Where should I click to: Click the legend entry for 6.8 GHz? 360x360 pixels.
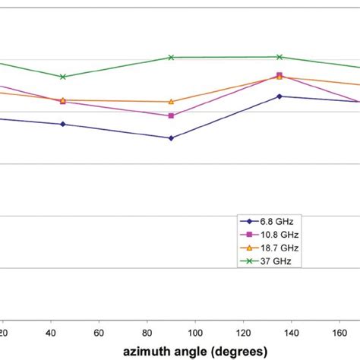(x=270, y=221)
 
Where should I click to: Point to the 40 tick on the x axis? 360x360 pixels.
(x=50, y=332)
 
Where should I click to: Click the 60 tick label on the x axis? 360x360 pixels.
(x=99, y=332)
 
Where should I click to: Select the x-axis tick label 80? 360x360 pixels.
(x=147, y=332)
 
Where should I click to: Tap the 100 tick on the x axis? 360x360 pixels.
(x=195, y=332)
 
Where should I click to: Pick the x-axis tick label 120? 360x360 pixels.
(x=244, y=332)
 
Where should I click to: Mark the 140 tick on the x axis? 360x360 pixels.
(x=292, y=332)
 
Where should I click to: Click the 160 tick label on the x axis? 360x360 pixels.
(x=339, y=332)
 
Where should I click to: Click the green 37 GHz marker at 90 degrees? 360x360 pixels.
(x=171, y=58)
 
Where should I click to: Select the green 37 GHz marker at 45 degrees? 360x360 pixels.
(x=63, y=77)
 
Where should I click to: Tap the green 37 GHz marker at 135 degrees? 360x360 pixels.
(x=279, y=57)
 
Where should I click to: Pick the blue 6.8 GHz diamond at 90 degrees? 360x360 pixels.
(x=171, y=138)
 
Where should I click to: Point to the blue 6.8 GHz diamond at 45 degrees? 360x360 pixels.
(x=63, y=124)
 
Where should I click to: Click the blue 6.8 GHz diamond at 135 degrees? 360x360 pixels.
(x=279, y=96)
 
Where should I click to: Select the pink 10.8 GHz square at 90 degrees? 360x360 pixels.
(x=171, y=115)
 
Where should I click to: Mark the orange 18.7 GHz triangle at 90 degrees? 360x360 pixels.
(x=171, y=101)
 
